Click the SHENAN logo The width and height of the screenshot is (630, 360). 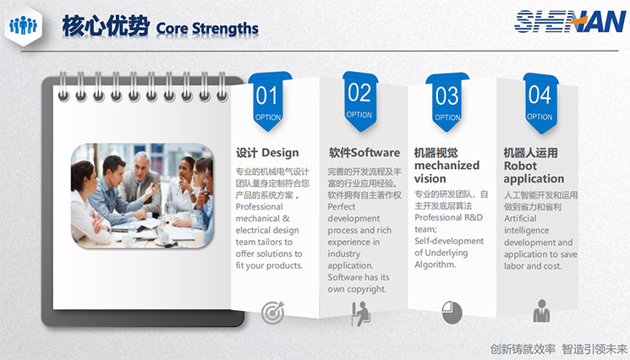coord(570,21)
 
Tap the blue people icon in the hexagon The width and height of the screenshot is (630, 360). coord(23,25)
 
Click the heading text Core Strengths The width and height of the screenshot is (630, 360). coord(207,29)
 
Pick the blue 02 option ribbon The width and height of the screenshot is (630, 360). coord(360,101)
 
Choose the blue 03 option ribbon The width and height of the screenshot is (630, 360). coord(447,102)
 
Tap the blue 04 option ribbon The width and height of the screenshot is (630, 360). coord(540,103)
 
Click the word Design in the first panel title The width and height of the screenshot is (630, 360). coord(280,153)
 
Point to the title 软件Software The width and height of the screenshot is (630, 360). coord(364,152)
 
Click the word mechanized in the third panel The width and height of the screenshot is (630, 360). coord(446,166)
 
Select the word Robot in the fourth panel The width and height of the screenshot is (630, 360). coord(520,166)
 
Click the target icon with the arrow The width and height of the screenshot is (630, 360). coord(273,313)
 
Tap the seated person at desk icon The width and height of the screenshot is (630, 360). coord(360,314)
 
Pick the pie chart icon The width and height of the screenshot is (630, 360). coord(452,312)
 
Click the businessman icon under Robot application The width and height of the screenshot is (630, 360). coord(541,311)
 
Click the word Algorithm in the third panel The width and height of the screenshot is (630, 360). coord(436,265)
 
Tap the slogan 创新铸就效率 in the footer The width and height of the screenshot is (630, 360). coord(523,349)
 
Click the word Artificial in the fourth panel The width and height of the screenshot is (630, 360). coord(520,218)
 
